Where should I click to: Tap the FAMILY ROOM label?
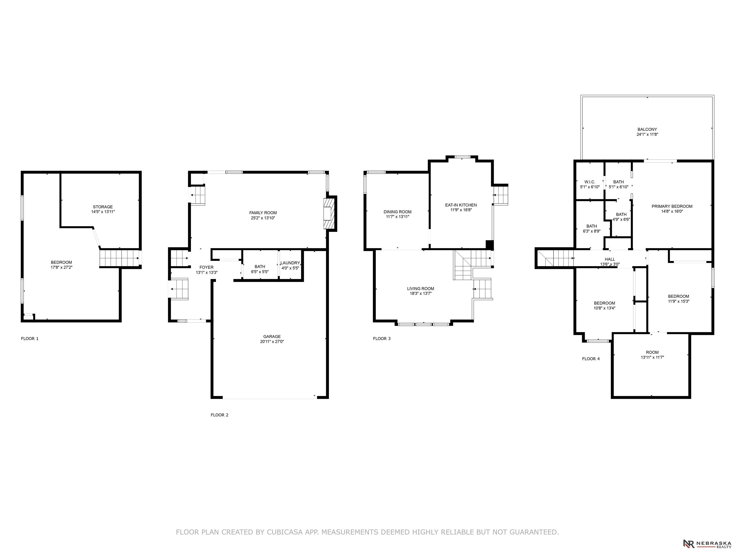point(263,213)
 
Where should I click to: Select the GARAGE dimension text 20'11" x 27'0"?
point(272,342)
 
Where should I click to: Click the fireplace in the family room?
point(330,214)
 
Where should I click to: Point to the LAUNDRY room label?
point(290,263)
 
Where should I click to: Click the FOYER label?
point(206,267)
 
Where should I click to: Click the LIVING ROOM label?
point(420,289)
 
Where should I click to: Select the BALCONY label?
point(647,130)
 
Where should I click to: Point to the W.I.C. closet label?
point(590,182)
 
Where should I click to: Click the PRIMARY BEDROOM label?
point(672,206)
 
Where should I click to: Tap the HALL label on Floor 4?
point(610,259)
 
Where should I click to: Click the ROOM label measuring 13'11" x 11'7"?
point(652,353)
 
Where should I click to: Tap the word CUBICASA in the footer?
point(285,532)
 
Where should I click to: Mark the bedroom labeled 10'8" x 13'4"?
point(604,303)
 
